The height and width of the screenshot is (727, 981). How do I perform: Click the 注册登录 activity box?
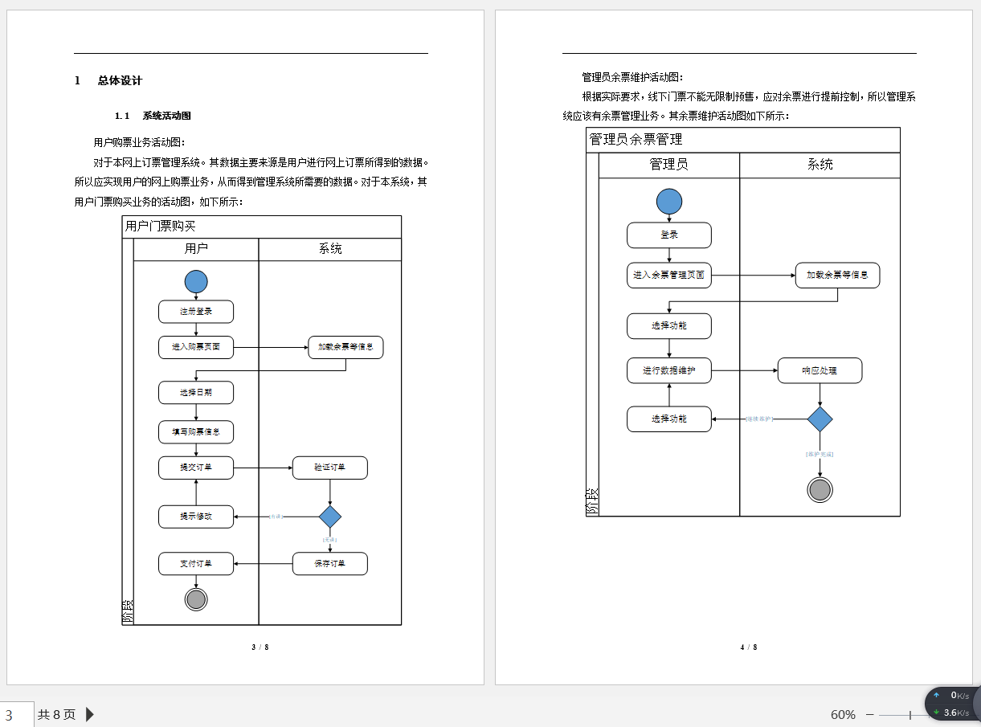tap(196, 312)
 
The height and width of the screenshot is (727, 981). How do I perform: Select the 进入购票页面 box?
tap(196, 347)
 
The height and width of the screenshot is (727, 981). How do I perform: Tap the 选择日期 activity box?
tap(196, 393)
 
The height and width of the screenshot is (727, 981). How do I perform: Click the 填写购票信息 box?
tap(196, 431)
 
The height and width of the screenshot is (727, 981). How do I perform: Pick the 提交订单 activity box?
tap(196, 468)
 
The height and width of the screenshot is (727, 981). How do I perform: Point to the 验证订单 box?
tap(330, 468)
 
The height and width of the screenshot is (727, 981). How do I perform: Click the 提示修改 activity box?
tap(196, 517)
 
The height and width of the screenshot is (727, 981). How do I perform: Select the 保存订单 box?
tap(330, 564)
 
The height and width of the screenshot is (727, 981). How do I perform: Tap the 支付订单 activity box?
tap(196, 564)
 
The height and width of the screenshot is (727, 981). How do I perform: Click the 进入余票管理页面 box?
tap(669, 276)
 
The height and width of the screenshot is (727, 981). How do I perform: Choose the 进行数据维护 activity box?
tap(669, 370)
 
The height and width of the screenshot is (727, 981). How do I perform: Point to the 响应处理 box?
tap(820, 370)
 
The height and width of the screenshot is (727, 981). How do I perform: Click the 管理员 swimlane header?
tap(668, 165)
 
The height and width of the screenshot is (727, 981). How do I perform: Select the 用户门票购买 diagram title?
tap(161, 227)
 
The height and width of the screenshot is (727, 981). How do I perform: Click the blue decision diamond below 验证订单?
tap(330, 517)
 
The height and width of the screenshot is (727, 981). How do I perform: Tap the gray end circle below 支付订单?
tap(196, 599)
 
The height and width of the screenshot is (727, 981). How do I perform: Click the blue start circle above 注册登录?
tap(196, 282)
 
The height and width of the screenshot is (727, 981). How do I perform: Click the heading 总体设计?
tap(120, 80)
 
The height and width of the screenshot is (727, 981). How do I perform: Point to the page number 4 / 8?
tap(749, 647)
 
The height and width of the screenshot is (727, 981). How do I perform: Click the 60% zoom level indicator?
tap(843, 714)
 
